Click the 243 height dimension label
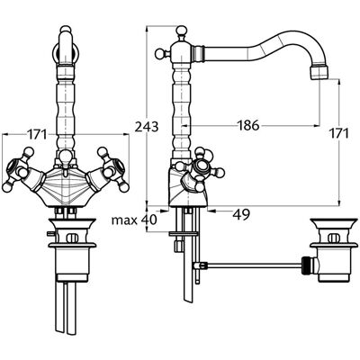pos(147,127)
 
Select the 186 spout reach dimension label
pos(248,125)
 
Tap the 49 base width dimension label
pos(241,214)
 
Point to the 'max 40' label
pos(134,220)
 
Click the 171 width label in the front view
pos(38,135)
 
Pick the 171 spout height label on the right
pos(339,133)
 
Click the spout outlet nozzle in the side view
pos(319,73)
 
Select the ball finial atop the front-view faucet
pos(66,30)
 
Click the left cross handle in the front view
pos(20,170)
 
